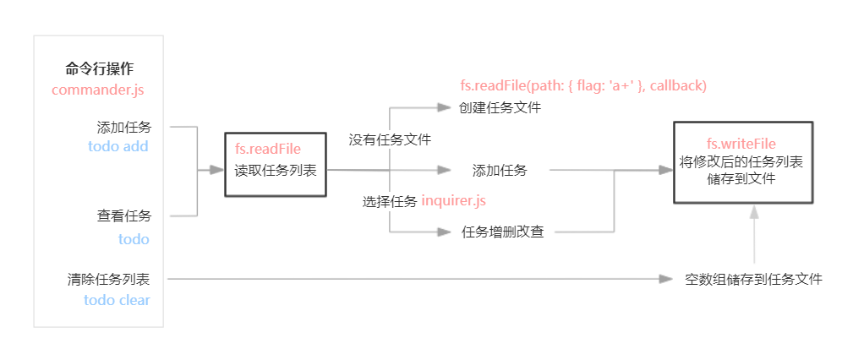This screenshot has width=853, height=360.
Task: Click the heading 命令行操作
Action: [99, 69]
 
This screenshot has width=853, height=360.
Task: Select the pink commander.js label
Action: [99, 90]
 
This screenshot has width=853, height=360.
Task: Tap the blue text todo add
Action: [118, 146]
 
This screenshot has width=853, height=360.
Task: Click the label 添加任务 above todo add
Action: [124, 128]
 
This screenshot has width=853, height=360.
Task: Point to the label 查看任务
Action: [124, 216]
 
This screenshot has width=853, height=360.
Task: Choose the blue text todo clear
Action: [117, 300]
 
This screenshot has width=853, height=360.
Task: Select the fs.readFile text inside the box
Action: [268, 150]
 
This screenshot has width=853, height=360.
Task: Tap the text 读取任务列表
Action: [276, 170]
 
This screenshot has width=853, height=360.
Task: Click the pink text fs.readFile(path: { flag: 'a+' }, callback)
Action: [582, 85]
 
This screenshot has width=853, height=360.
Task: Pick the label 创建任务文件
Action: [500, 107]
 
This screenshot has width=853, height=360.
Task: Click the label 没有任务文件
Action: [390, 139]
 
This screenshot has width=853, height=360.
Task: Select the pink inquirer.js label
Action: [454, 201]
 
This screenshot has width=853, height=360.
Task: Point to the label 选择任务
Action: [390, 201]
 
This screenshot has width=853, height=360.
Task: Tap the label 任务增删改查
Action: [503, 232]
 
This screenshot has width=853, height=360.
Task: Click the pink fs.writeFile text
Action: [741, 144]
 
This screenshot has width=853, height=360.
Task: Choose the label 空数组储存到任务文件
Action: [753, 279]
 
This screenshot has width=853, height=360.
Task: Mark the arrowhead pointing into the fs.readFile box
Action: [217, 170]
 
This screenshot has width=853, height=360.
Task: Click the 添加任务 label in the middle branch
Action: [500, 170]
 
